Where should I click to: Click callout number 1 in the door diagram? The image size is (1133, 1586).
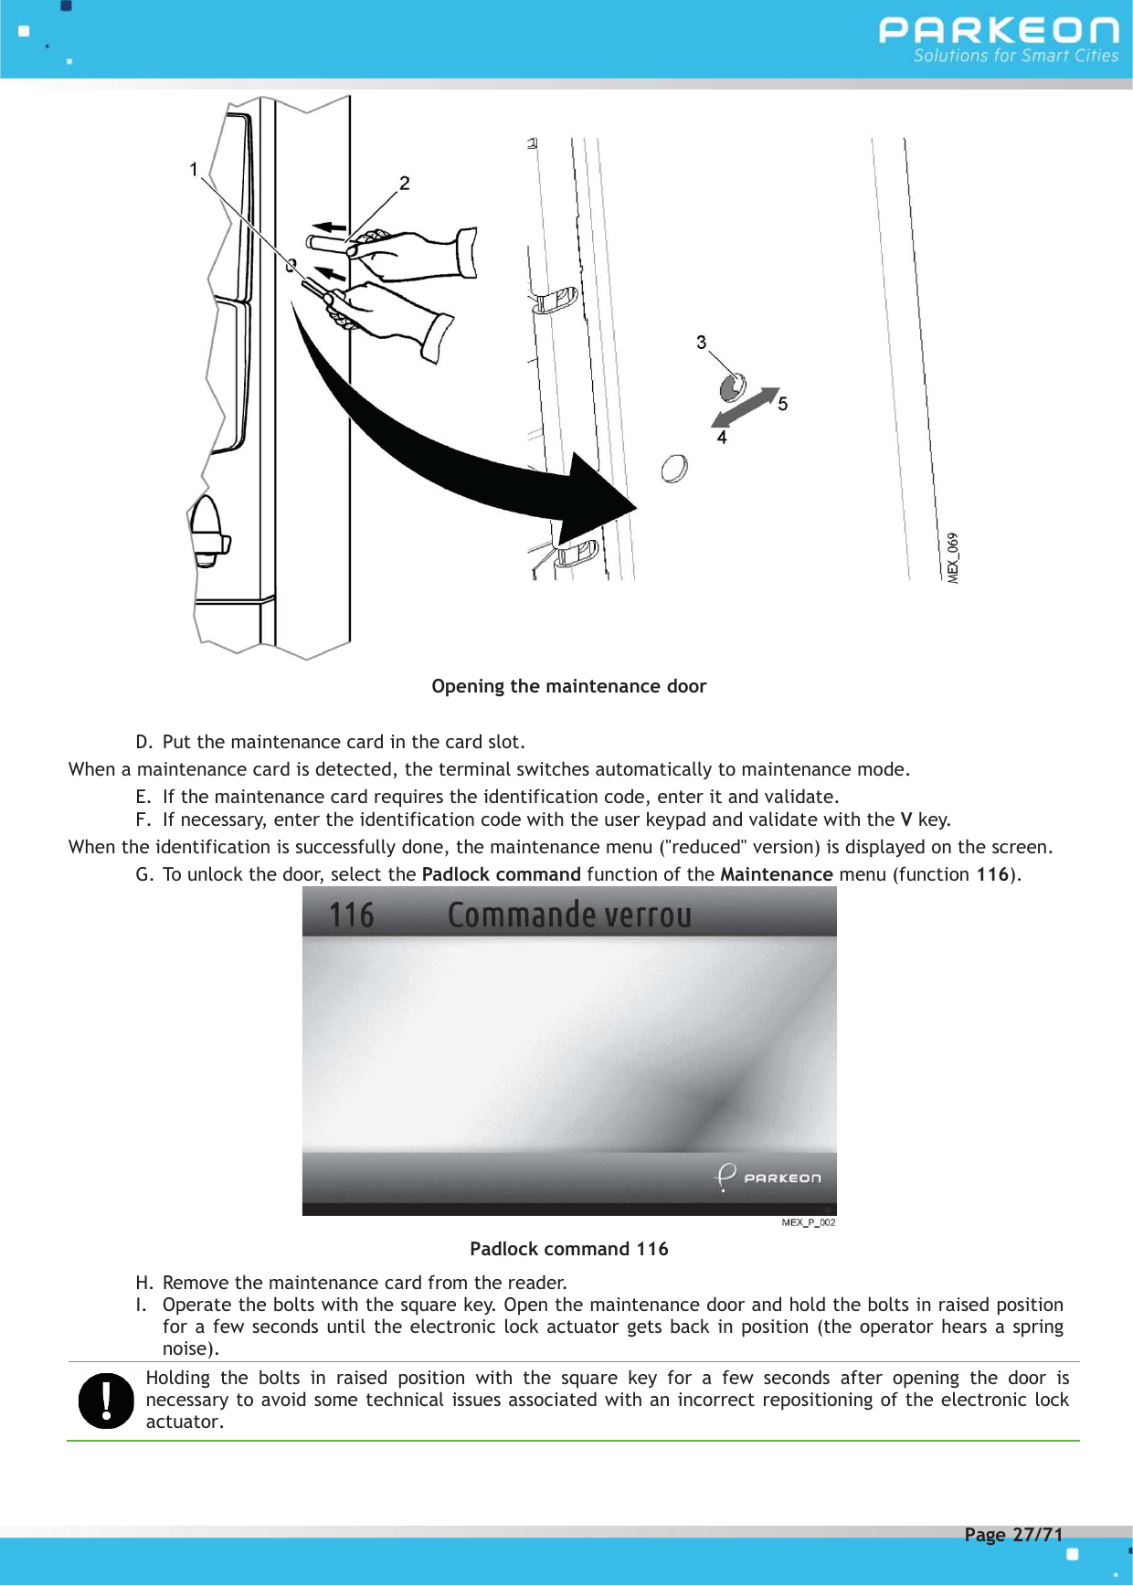(x=194, y=169)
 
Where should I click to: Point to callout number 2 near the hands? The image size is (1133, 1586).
(x=404, y=184)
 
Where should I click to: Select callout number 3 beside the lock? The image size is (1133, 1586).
(x=701, y=343)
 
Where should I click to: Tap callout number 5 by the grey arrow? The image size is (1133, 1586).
(x=783, y=404)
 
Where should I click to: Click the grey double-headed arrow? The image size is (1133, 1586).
(x=746, y=407)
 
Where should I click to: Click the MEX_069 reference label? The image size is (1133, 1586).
(x=953, y=557)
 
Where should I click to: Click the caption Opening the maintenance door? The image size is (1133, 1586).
(x=568, y=686)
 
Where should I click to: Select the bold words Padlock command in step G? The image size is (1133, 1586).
(x=501, y=874)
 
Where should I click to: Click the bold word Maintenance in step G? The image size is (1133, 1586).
(x=776, y=874)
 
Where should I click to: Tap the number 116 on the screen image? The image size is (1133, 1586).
(x=352, y=915)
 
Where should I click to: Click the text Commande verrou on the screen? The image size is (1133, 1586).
(x=569, y=915)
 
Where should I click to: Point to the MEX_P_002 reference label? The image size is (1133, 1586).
(x=808, y=1222)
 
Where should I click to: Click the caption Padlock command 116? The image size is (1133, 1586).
(x=568, y=1249)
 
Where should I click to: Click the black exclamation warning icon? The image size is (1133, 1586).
(x=106, y=1401)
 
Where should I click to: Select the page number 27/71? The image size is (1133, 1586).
(x=1038, y=1535)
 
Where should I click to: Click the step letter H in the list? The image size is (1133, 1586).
(x=143, y=1283)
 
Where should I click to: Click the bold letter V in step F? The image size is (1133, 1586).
(x=905, y=819)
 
